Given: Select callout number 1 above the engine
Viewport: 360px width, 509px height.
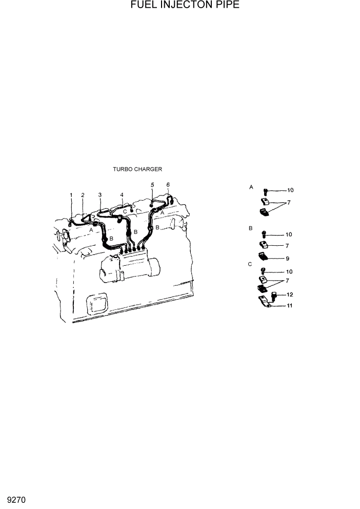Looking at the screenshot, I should click(72, 195).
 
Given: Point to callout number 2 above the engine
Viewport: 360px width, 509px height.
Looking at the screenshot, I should click(83, 195).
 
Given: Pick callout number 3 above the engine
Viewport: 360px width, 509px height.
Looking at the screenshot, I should click(100, 195).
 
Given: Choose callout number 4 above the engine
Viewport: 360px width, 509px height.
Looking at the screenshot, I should click(122, 195).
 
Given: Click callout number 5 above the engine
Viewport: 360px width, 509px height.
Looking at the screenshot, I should click(152, 184).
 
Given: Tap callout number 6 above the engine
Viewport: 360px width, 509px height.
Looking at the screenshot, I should click(168, 184).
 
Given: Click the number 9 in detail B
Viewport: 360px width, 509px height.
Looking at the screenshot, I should click(288, 259).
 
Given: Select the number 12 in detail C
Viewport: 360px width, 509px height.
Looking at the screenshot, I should click(290, 295).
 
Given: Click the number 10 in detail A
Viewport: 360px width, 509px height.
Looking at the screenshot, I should click(290, 190).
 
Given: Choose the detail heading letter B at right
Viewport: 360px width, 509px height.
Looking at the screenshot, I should click(250, 227).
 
